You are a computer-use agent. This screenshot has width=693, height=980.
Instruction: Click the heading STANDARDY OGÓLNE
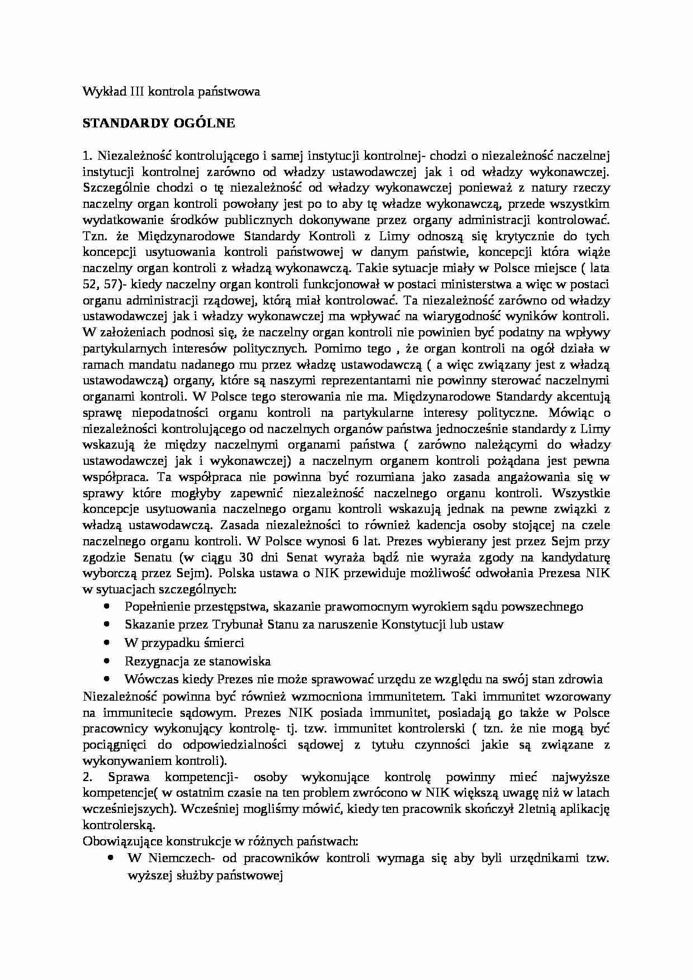(x=159, y=123)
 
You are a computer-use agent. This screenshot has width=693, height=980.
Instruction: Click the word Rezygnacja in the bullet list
(x=150, y=662)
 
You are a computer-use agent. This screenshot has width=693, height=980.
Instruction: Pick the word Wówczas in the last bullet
(x=147, y=679)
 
